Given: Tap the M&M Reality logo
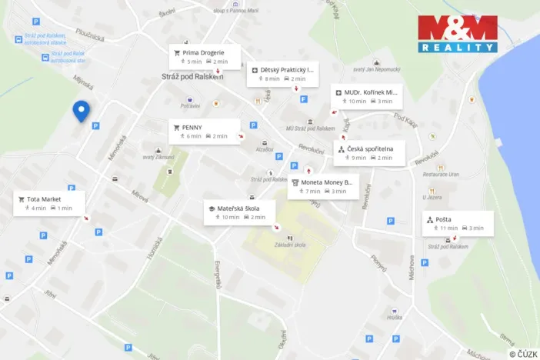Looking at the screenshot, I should click(x=457, y=35).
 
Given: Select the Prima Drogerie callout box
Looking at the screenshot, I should click(x=205, y=56).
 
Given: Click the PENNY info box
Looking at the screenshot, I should click(x=204, y=131).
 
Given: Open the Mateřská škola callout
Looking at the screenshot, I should click(x=238, y=212).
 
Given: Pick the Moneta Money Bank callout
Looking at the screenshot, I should click(x=323, y=186).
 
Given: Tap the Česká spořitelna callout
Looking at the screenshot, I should click(x=369, y=152).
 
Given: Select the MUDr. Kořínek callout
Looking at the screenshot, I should click(x=366, y=96).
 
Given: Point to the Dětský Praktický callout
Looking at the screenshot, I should click(x=282, y=74).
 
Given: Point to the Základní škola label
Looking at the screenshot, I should click(x=290, y=245).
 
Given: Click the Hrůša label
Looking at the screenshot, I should click(x=395, y=317).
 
